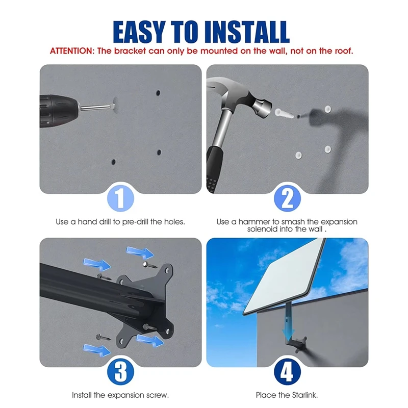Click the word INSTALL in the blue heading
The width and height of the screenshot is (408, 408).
[x=247, y=32]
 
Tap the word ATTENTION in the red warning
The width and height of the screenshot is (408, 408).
[x=71, y=50]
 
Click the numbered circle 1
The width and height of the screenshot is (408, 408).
[x=120, y=198]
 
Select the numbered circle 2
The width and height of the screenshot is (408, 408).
[x=287, y=198]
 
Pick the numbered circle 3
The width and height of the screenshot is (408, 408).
[x=120, y=372]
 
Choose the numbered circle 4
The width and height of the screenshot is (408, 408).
[x=287, y=372]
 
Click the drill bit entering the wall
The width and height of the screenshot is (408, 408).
[x=97, y=107]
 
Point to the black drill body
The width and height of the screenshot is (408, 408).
[x=59, y=111]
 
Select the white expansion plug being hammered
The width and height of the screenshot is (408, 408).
[x=284, y=114]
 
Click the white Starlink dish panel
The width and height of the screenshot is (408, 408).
[x=284, y=276]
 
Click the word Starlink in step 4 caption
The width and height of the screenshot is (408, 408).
[x=304, y=395]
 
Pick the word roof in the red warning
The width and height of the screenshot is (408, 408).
[x=344, y=50]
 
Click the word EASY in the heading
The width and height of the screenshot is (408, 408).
[x=139, y=32]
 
